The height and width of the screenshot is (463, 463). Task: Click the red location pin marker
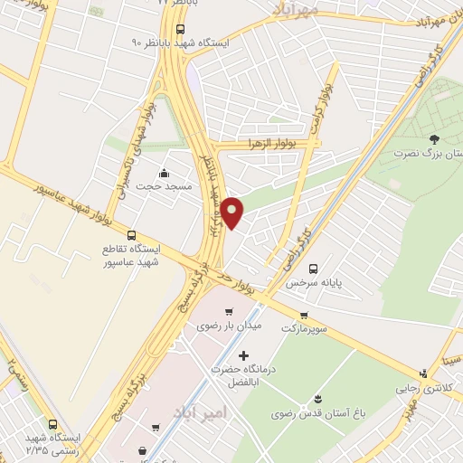pos(233,212)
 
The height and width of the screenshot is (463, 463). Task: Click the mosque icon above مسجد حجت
pos(164,173)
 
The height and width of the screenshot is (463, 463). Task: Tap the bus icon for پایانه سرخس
pos(313,269)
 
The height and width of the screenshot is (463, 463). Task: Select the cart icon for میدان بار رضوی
pos(240,312)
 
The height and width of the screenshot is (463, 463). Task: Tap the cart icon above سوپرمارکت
pos(305,314)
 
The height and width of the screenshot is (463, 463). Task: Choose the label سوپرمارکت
pos(307,328)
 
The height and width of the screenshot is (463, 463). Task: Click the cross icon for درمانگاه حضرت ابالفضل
pos(243,356)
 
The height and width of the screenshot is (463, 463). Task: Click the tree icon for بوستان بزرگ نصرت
pos(435,138)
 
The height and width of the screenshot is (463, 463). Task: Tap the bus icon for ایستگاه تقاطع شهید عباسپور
pos(134,233)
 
